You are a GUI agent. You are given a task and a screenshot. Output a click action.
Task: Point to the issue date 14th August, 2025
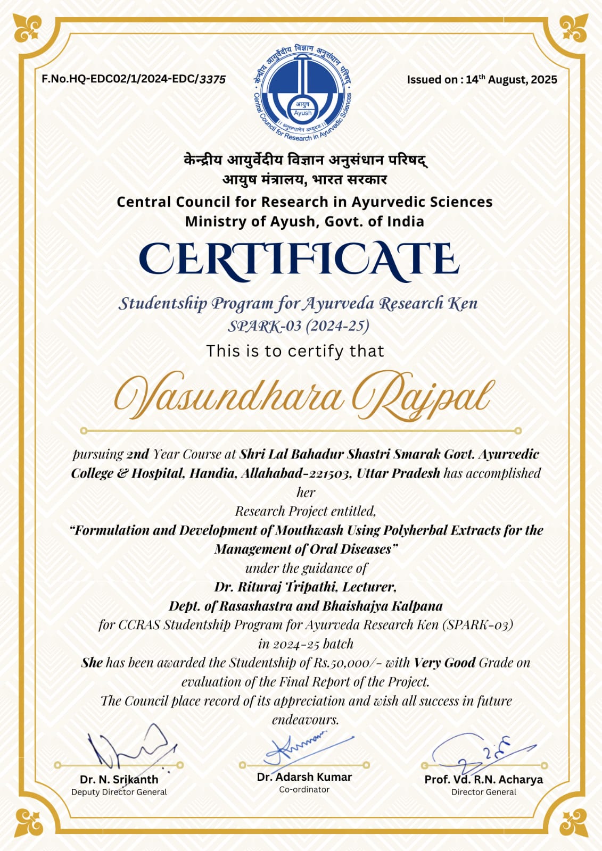point(511,80)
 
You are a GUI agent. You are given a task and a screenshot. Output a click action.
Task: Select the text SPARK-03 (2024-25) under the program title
point(298,326)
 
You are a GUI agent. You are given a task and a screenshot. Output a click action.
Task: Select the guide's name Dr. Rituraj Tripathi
point(276,587)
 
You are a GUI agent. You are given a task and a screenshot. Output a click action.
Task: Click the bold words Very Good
point(444,663)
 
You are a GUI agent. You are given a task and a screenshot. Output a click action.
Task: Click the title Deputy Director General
point(119,792)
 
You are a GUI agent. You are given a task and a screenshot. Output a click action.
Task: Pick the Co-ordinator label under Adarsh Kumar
point(304,789)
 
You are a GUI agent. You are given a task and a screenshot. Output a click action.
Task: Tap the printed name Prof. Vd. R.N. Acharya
point(483,779)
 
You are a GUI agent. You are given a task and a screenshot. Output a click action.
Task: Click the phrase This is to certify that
point(295,351)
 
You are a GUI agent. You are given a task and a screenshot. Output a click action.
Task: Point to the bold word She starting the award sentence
point(92,663)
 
